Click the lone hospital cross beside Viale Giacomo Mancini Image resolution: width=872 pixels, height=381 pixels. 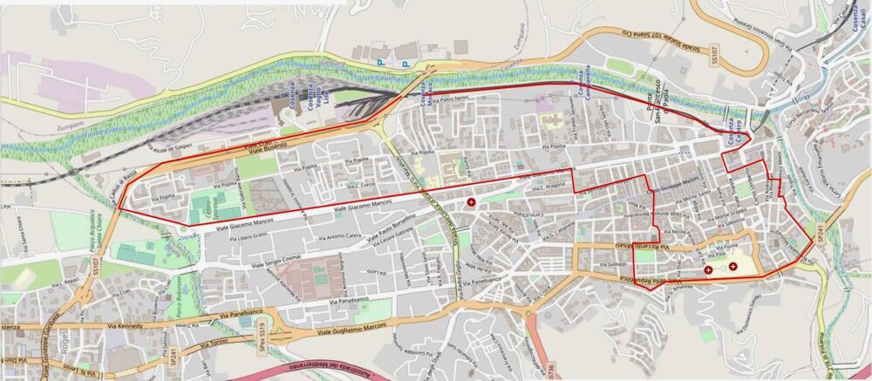[472, 202]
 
